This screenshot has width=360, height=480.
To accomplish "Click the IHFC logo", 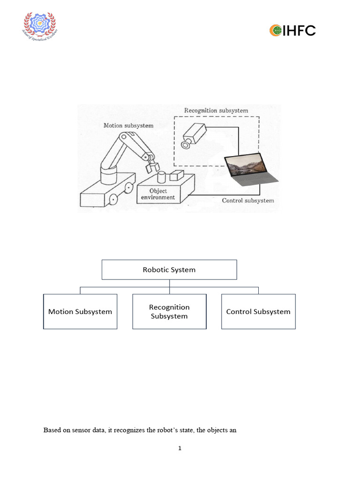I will click(x=292, y=31).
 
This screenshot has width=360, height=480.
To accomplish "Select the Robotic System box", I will click(x=169, y=270).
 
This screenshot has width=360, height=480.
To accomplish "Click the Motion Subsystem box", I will click(x=80, y=312).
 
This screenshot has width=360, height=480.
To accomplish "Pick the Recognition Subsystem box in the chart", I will click(x=169, y=312).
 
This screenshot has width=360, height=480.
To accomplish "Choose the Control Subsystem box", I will click(x=258, y=312).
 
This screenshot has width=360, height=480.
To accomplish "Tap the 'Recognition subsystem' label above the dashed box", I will click(x=216, y=111).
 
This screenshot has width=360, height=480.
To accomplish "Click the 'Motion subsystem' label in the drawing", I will click(x=128, y=125).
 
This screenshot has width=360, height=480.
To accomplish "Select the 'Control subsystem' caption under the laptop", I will click(x=247, y=201).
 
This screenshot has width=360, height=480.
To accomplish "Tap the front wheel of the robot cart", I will click(x=112, y=199).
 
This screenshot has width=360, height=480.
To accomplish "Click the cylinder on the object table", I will click(x=162, y=178).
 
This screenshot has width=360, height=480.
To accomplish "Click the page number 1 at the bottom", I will click(x=180, y=449).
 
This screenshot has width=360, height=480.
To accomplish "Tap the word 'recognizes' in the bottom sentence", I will click(x=127, y=430).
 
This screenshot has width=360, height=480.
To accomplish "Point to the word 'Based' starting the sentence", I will click(x=52, y=430).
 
